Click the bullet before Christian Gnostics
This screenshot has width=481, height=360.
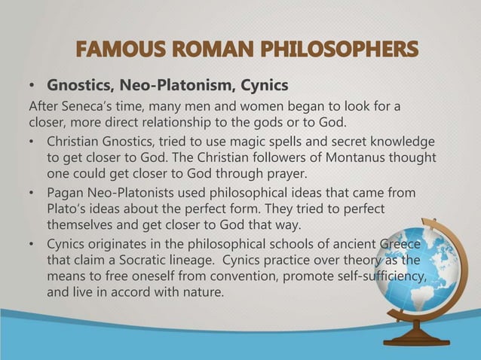31,142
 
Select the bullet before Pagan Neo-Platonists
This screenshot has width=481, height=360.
31,193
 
